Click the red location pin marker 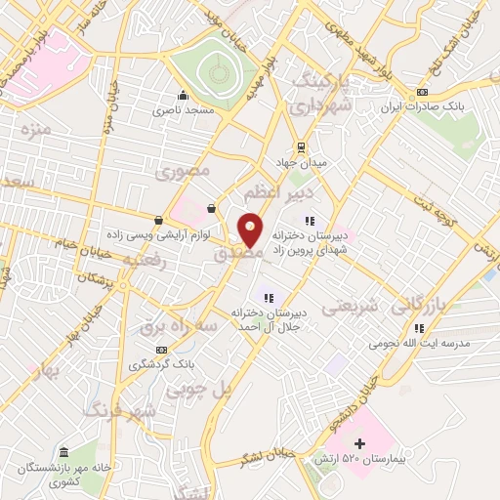251,230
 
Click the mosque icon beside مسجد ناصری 182,96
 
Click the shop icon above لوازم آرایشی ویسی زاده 158,219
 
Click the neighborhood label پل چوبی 199,391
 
